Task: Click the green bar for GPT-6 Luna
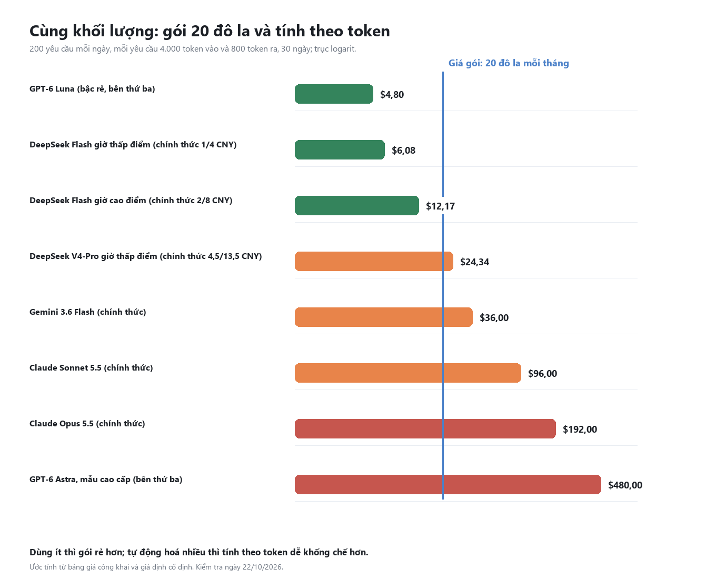click(x=333, y=94)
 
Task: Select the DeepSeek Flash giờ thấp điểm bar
click(x=339, y=149)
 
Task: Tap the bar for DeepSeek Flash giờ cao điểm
click(x=356, y=205)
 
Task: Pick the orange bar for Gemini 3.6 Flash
click(x=383, y=317)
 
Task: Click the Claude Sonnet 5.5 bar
click(x=407, y=373)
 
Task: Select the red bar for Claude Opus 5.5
click(x=425, y=428)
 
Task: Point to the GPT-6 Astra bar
click(x=447, y=484)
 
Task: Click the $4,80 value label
click(x=392, y=94)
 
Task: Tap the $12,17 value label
click(x=440, y=206)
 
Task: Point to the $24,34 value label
click(x=474, y=262)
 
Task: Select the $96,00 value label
click(x=542, y=373)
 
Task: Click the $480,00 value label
click(x=625, y=485)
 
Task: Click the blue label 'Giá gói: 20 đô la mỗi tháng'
click(x=508, y=63)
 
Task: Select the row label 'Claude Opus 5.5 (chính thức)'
click(x=87, y=423)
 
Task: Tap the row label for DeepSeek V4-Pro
click(x=145, y=256)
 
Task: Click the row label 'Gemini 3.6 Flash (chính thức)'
click(x=88, y=312)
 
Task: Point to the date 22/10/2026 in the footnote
click(x=262, y=567)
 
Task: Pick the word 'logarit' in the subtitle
click(x=343, y=49)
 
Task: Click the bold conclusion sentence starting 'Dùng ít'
click(x=198, y=553)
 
